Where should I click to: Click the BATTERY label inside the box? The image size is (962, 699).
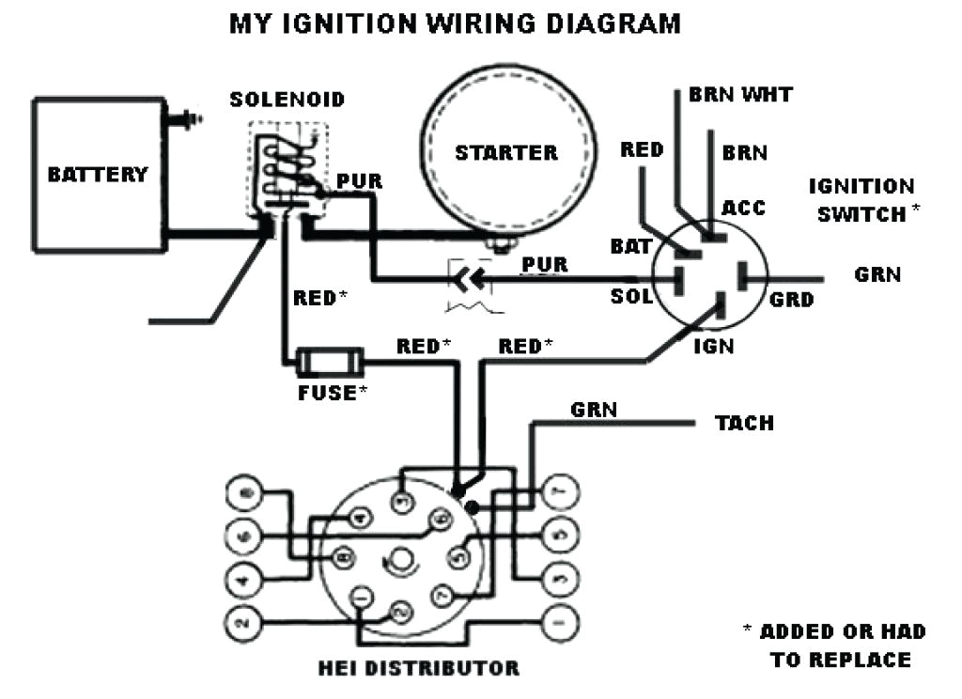(x=98, y=175)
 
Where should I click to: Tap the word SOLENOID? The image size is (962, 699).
(x=287, y=100)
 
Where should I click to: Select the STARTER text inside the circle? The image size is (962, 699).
(x=506, y=152)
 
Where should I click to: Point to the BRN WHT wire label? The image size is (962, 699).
(x=740, y=95)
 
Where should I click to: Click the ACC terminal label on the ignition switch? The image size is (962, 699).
(x=743, y=208)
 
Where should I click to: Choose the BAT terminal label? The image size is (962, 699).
(x=630, y=247)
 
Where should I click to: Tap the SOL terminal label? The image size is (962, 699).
(x=630, y=297)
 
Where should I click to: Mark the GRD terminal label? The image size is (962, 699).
(x=791, y=301)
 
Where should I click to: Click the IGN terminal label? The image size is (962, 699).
(x=713, y=346)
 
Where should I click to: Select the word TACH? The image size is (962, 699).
(x=744, y=423)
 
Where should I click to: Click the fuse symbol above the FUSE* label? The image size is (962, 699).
(x=329, y=361)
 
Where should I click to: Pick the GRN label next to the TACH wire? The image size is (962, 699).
(x=594, y=410)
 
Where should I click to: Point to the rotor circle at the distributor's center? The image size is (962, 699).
(x=401, y=556)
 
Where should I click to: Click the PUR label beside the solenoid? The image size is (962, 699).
(x=359, y=181)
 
